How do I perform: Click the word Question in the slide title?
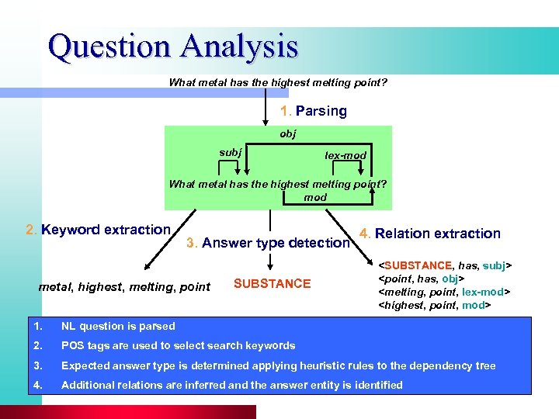tap(109, 46)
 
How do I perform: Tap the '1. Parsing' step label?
tap(314, 111)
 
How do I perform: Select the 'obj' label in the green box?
tap(287, 134)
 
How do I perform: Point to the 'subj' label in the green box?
tap(230, 152)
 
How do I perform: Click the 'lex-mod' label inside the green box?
tap(345, 155)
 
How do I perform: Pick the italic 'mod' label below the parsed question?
tap(315, 197)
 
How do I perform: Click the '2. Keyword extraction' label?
tap(98, 230)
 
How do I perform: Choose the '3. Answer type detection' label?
tap(268, 243)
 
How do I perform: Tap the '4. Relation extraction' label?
tap(430, 233)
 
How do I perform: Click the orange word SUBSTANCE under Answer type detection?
tap(272, 284)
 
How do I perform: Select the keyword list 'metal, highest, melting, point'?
tap(124, 287)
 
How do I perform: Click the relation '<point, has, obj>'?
tap(421, 279)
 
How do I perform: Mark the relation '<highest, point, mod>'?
tap(432, 305)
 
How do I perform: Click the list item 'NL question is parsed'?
tap(118, 327)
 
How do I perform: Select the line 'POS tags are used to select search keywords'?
tap(178, 346)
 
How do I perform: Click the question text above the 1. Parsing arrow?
tap(278, 82)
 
